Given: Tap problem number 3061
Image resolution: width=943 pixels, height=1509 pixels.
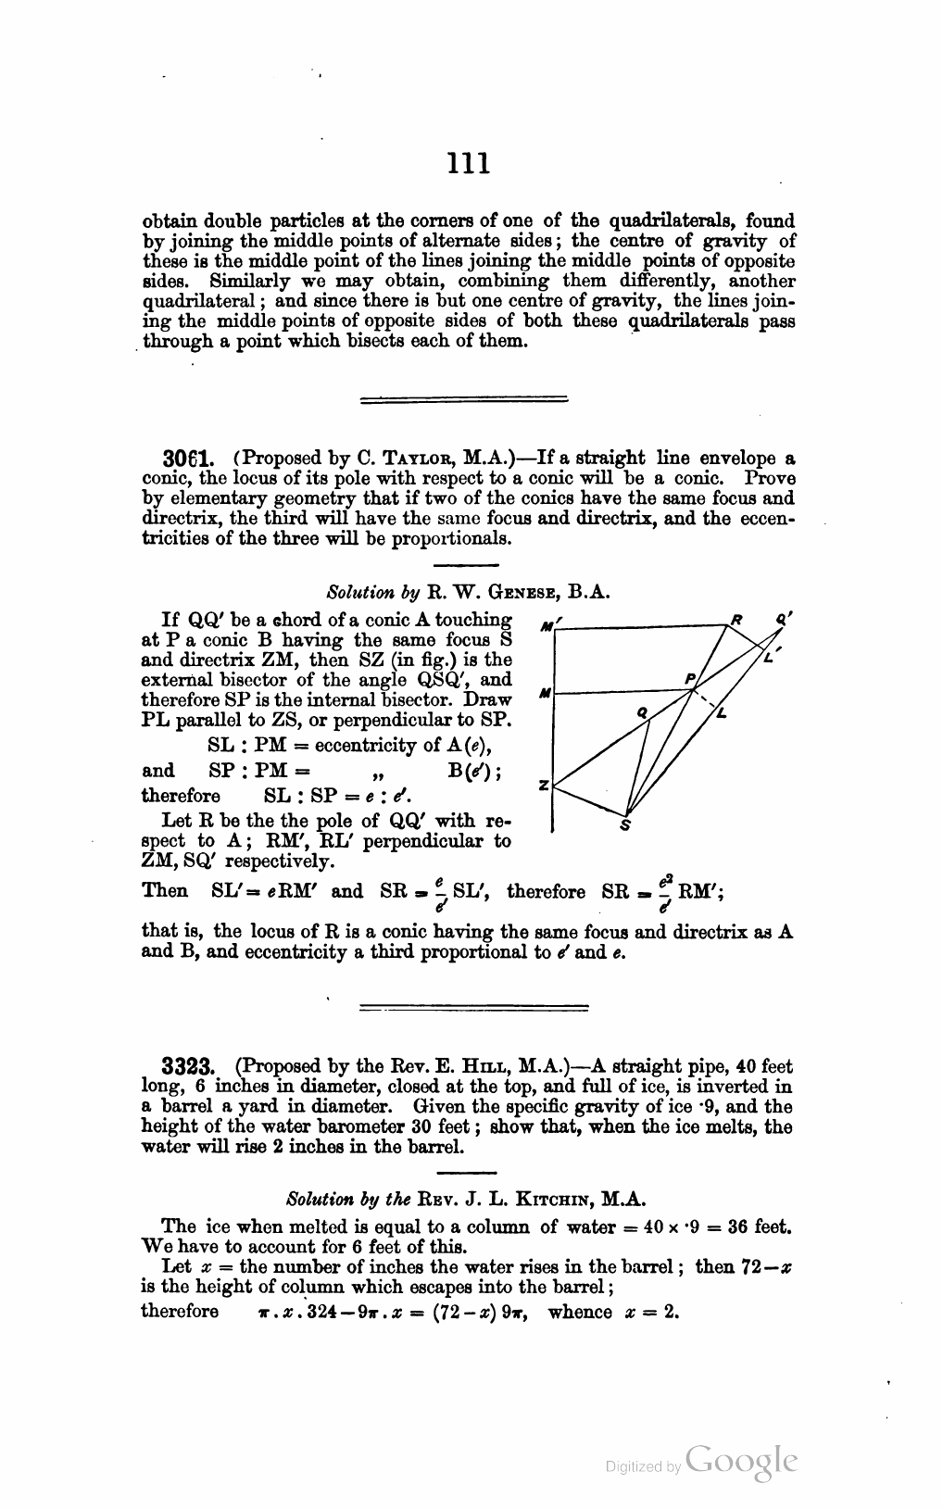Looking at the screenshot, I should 182,459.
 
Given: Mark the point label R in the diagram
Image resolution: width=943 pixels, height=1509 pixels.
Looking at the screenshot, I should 737,616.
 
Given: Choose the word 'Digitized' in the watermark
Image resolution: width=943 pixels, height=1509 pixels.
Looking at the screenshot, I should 634,1466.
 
